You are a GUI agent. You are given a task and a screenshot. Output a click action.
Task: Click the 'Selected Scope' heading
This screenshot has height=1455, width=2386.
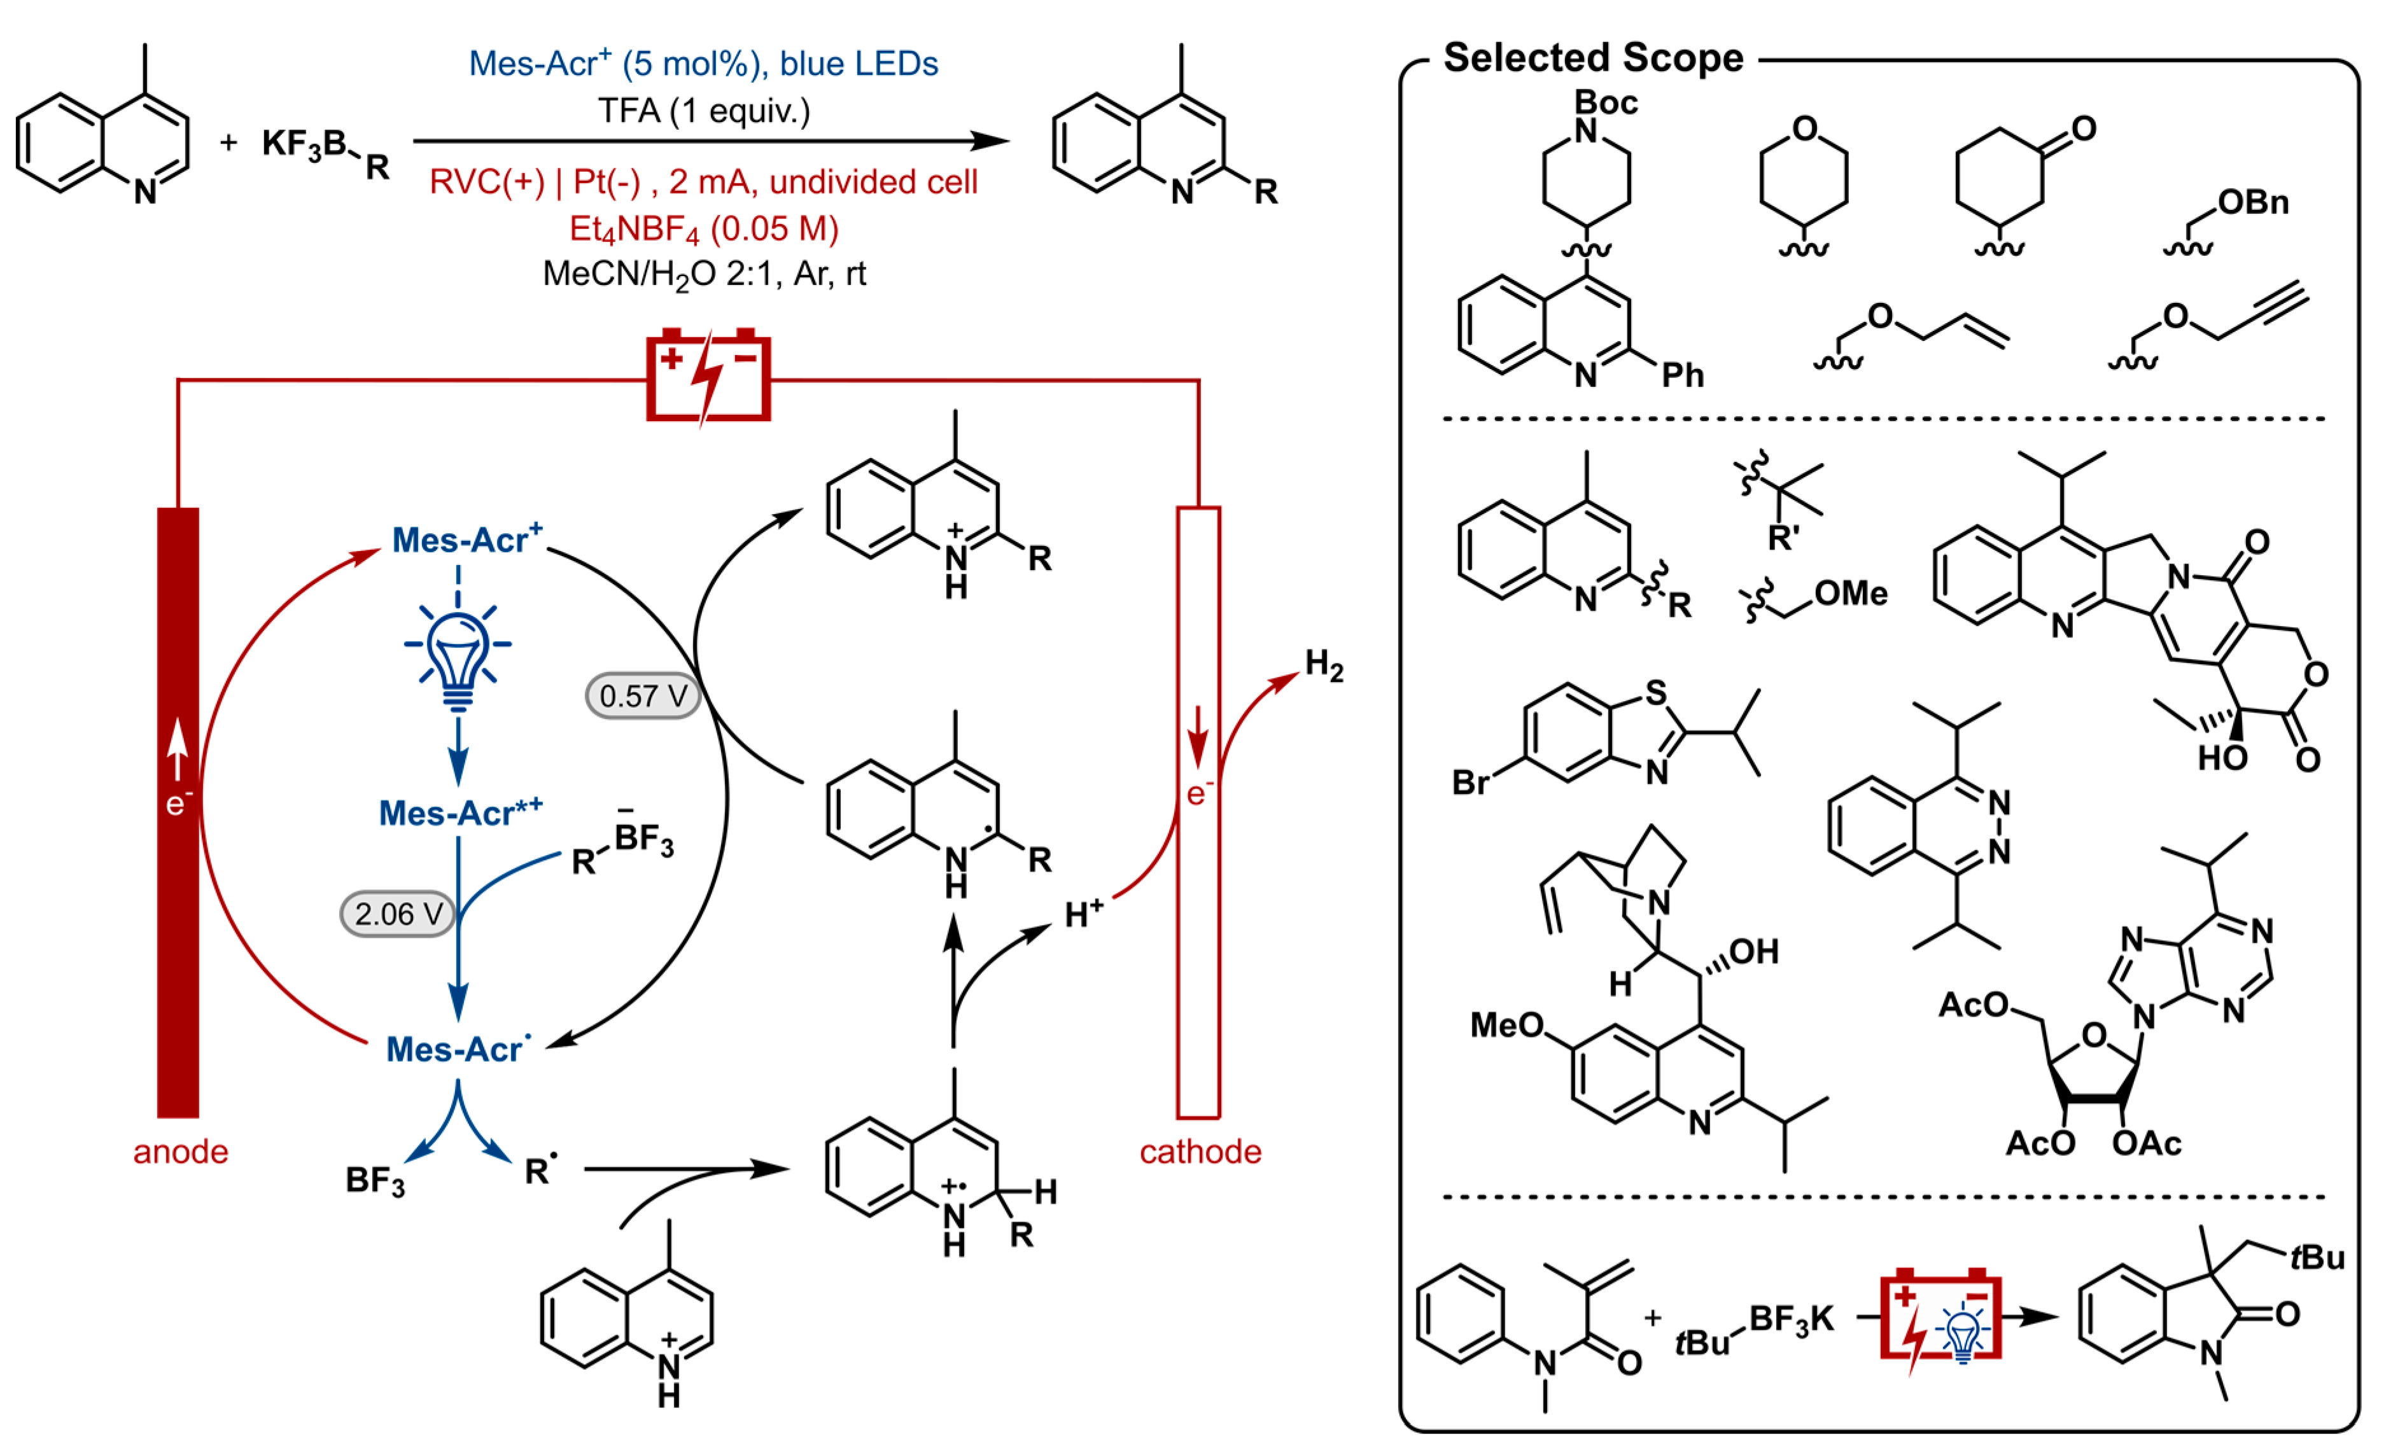(1593, 58)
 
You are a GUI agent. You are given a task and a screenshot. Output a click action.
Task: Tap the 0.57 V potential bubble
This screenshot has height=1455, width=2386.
(642, 696)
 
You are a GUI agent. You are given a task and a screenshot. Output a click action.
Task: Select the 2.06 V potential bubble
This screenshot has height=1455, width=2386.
(397, 914)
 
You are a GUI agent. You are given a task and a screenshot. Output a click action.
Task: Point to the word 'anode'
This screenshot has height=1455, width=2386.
(180, 1152)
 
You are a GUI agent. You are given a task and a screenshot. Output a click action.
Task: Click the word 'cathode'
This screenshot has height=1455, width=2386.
(1200, 1152)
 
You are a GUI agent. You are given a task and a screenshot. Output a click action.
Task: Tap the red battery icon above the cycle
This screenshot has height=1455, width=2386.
(708, 377)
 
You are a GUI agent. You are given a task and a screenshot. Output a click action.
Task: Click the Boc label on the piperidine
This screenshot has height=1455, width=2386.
(1606, 102)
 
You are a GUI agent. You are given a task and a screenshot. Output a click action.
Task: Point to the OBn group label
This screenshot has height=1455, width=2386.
(2254, 202)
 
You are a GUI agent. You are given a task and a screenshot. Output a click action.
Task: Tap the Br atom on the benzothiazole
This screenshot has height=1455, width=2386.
(1470, 782)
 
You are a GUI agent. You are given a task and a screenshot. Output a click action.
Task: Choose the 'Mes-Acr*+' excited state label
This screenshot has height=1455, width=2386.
(460, 813)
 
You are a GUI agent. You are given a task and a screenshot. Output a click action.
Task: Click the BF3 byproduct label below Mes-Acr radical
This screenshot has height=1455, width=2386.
(375, 1181)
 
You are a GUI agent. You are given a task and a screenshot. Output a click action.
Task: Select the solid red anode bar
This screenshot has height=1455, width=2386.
(178, 813)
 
